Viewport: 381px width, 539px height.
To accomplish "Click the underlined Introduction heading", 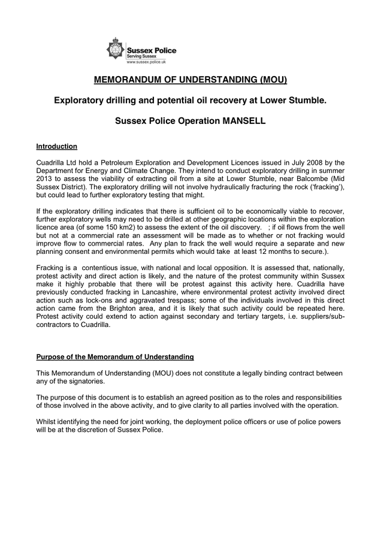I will pyautogui.click(x=57, y=146).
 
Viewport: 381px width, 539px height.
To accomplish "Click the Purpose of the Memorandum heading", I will pyautogui.click(x=115, y=357).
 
